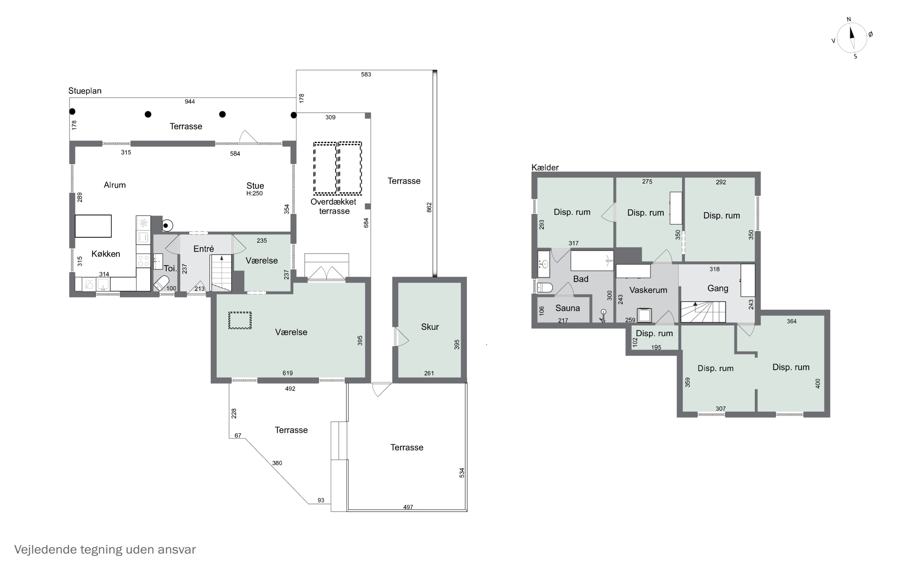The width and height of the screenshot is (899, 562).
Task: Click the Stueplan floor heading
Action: tap(85, 91)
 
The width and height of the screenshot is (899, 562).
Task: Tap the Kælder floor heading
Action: tap(545, 167)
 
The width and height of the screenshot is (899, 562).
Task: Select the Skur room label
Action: tap(430, 327)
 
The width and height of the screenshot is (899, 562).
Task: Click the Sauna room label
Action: tap(568, 308)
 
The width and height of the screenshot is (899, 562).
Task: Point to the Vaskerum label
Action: tap(648, 290)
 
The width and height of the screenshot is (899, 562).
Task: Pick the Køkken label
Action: tap(106, 254)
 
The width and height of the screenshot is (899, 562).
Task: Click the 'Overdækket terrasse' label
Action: tap(334, 206)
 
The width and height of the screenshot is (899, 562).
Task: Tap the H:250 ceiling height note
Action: tap(254, 193)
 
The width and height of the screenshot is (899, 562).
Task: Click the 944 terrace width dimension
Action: tap(190, 102)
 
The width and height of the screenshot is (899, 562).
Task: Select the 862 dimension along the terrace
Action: tap(429, 207)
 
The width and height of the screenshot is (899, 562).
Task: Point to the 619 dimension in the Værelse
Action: tap(288, 373)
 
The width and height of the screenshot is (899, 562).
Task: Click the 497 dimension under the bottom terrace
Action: tap(408, 507)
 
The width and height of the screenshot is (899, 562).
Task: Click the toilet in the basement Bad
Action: tap(545, 287)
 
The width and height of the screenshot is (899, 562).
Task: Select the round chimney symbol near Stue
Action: tap(167, 225)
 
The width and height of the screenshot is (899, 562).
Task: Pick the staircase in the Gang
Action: tap(703, 312)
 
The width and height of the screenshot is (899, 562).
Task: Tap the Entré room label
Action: tap(203, 249)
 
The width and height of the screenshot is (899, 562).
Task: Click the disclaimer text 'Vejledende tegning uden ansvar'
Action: tap(105, 549)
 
